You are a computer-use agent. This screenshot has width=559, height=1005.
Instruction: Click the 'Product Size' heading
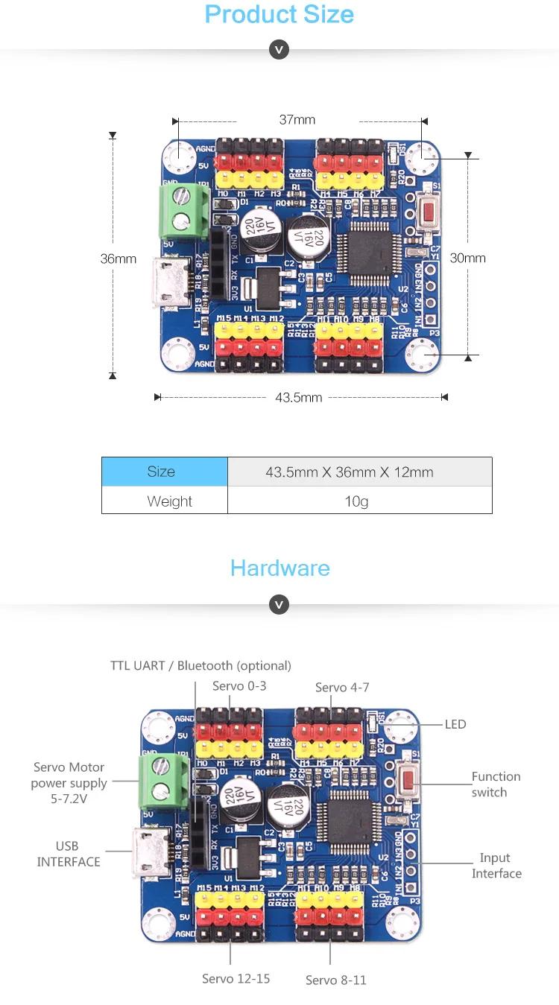pyautogui.click(x=279, y=14)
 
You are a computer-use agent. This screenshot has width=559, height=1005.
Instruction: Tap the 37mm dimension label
pyautogui.click(x=297, y=119)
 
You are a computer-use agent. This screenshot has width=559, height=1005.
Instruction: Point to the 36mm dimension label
pyautogui.click(x=119, y=259)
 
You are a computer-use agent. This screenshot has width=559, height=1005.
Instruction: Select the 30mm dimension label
pyautogui.click(x=467, y=258)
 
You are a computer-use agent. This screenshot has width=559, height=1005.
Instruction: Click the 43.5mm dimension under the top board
pyautogui.click(x=298, y=397)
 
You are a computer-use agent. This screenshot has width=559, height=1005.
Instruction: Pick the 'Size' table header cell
pyautogui.click(x=161, y=472)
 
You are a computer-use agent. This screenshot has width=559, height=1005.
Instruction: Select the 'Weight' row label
pyautogui.click(x=169, y=501)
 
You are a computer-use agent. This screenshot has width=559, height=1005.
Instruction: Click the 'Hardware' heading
pyautogui.click(x=279, y=568)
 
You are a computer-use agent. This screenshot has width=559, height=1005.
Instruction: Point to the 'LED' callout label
pyautogui.click(x=455, y=724)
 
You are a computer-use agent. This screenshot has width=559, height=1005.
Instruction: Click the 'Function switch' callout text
pyautogui.click(x=496, y=784)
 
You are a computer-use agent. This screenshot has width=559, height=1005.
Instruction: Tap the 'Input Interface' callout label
pyautogui.click(x=496, y=866)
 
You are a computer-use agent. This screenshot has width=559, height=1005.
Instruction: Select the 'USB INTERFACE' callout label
pyautogui.click(x=69, y=854)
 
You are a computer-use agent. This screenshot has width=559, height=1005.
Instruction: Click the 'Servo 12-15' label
pyautogui.click(x=236, y=978)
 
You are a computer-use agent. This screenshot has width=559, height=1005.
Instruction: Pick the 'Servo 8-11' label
pyautogui.click(x=336, y=980)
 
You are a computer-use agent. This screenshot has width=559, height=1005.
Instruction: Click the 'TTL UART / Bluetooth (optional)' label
pyautogui.click(x=200, y=665)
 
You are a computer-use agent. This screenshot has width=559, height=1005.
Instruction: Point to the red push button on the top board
pyautogui.click(x=428, y=212)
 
